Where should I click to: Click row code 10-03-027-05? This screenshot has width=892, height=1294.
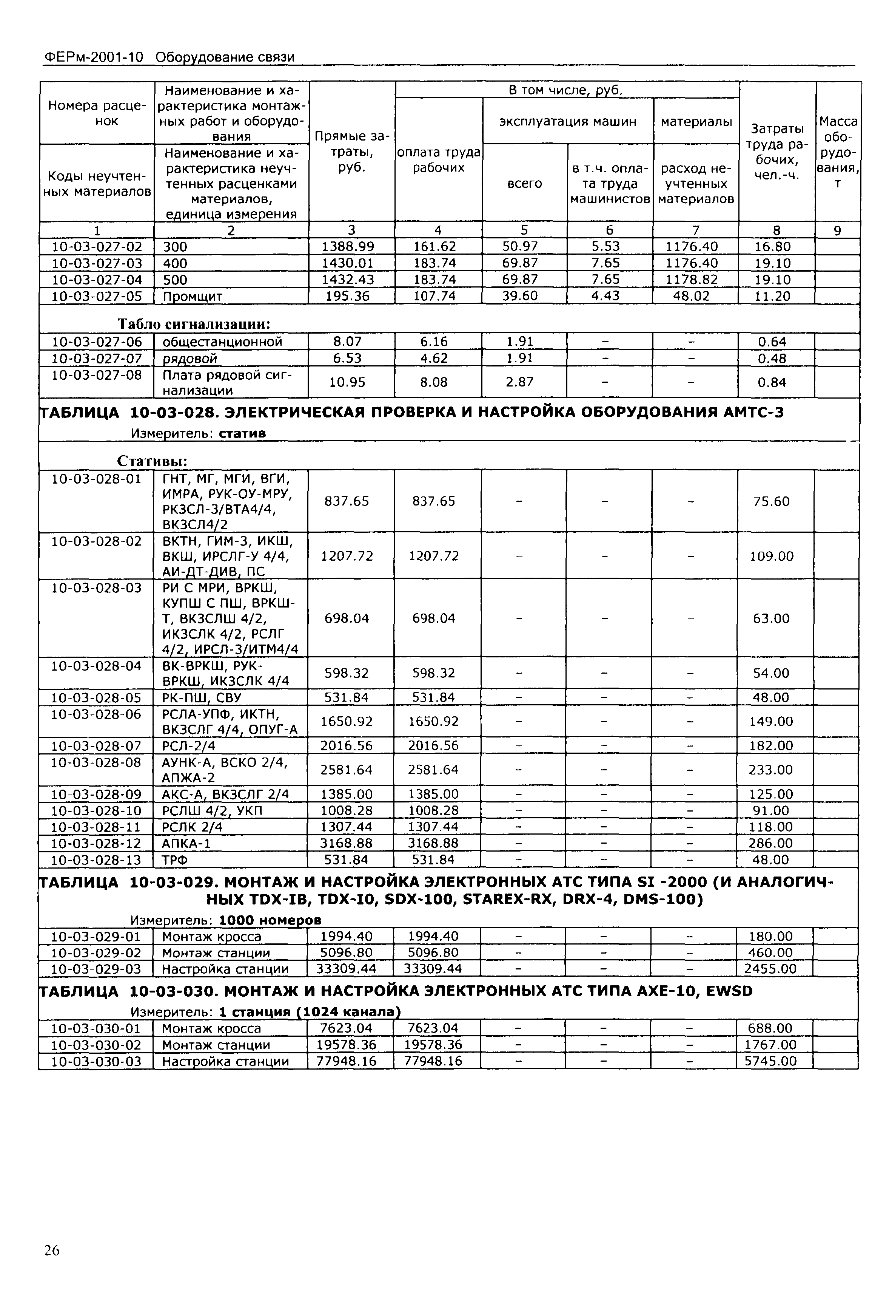[97, 296]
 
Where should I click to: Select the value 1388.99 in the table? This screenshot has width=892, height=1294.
[351, 247]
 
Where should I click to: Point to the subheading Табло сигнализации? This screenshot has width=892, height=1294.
[194, 324]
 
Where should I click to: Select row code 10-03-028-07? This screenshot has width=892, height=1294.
[96, 746]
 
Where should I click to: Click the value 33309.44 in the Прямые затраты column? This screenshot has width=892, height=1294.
[347, 969]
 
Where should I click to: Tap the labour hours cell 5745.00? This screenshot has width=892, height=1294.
[770, 1061]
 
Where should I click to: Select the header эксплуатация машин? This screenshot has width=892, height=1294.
[567, 121]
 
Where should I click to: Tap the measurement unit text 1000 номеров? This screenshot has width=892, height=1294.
[270, 920]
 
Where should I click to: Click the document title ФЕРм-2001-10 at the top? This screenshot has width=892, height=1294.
[93, 57]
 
